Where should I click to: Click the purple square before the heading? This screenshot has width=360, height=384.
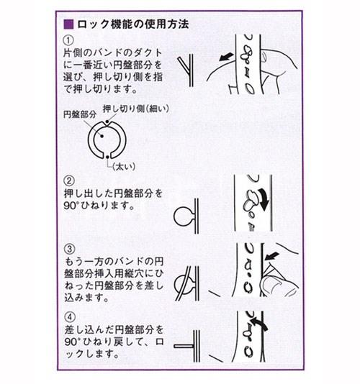[68, 24]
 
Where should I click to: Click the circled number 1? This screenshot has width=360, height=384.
[68, 40]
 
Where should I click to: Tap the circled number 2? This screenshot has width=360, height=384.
[69, 180]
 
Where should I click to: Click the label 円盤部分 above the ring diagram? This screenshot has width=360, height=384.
[80, 114]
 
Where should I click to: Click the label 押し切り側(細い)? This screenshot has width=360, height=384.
[136, 109]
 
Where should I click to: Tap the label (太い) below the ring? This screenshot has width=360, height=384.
[124, 167]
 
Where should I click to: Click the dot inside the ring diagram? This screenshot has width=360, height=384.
[102, 136]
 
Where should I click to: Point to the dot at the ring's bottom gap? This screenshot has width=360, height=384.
[107, 157]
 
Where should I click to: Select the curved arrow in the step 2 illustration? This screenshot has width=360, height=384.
[262, 199]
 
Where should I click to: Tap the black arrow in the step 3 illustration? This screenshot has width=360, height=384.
[272, 256]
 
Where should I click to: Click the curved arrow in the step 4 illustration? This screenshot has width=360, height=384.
[258, 323]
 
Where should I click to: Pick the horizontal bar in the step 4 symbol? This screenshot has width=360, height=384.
[184, 347]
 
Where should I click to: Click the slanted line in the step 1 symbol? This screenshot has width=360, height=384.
[184, 65]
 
